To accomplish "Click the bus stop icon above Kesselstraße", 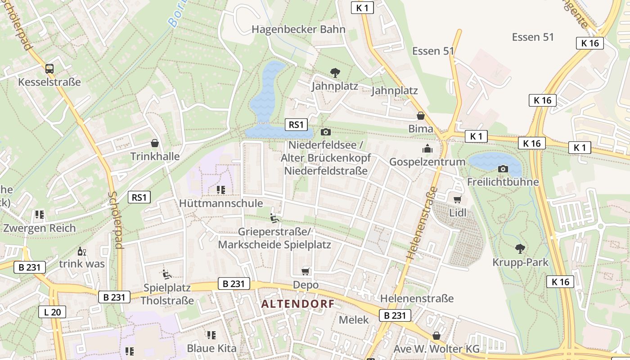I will tap(49, 69).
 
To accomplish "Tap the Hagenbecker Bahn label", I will tap(298, 30).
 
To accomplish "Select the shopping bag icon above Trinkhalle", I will tap(155, 144).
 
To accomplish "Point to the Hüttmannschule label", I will tap(221, 203).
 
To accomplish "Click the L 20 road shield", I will tap(52, 312).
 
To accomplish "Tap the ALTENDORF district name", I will tap(298, 304).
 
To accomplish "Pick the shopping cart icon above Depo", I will tap(306, 271).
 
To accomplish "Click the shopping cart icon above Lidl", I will tap(458, 199).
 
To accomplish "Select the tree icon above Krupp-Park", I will tap(520, 248).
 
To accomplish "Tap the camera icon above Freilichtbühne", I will tap(503, 169).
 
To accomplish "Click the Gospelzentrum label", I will tap(427, 162).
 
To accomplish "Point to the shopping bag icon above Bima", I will tap(421, 116).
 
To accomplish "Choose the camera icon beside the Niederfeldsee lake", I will tap(325, 132).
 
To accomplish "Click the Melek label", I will tap(353, 320).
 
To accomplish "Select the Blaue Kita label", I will tap(211, 348).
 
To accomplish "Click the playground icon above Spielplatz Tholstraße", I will tap(166, 274).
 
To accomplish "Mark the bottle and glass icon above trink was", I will tap(81, 251).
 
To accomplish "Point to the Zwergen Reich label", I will tap(40, 228).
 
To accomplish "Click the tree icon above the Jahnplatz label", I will tap(335, 72).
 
